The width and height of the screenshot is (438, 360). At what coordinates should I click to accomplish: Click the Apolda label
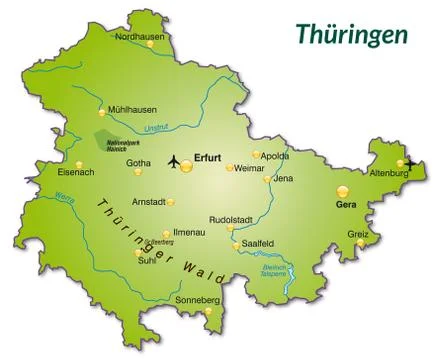(276, 156)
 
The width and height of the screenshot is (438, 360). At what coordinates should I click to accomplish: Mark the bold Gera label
(346, 204)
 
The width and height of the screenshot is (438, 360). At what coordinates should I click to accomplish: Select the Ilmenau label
(189, 232)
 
